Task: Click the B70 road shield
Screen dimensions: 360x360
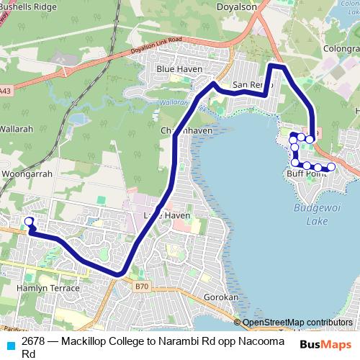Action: [142, 287]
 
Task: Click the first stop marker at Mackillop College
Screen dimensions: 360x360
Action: [29, 221]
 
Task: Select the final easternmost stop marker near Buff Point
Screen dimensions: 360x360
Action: [331, 167]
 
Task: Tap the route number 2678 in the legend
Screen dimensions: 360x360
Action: [34, 341]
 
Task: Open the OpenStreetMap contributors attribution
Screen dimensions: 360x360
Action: [297, 322]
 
